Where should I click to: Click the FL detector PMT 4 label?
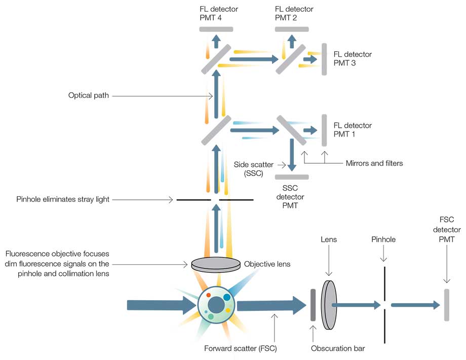click(219, 13)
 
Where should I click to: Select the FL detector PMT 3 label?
click(353, 59)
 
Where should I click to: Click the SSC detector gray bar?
click(292, 176)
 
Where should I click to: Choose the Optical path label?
click(89, 95)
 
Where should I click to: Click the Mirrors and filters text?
click(374, 163)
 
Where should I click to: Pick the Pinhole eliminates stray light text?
click(63, 200)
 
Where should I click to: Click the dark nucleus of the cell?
click(217, 305)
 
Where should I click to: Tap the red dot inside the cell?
click(208, 295)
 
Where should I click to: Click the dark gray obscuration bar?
click(313, 305)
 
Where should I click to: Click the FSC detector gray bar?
click(447, 305)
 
